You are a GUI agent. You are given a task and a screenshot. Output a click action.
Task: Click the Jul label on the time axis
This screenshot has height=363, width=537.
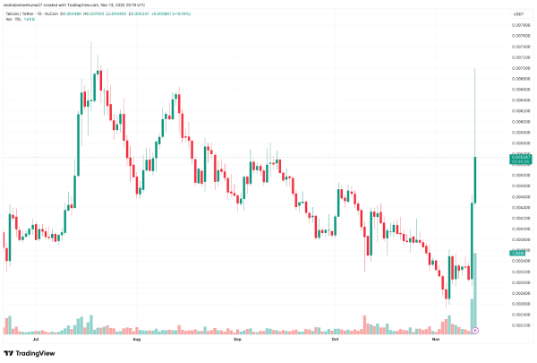(x=36, y=341)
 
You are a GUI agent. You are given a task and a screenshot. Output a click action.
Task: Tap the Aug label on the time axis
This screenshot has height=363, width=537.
(x=137, y=341)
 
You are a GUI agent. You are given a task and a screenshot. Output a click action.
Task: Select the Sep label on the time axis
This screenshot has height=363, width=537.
(x=238, y=341)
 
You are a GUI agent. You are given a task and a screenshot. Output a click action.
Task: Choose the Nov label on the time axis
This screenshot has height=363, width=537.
(x=436, y=341)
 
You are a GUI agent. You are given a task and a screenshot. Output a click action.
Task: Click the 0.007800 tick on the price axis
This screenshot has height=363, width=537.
(x=518, y=25)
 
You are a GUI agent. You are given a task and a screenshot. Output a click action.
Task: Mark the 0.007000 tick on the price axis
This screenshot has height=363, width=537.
(x=518, y=68)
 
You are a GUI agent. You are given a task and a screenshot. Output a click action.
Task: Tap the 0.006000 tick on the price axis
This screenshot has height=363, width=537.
(x=518, y=122)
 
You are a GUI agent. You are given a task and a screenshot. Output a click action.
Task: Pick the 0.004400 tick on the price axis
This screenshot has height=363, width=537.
(x=518, y=208)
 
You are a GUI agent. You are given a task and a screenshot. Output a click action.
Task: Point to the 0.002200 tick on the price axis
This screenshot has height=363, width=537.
(x=518, y=325)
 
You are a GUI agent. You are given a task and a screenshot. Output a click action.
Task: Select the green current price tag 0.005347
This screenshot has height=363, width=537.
(x=518, y=157)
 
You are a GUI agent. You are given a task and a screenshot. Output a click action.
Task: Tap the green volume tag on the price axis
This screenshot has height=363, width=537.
(x=518, y=254)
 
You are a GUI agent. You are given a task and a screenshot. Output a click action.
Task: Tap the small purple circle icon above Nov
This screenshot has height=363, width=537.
(x=475, y=331)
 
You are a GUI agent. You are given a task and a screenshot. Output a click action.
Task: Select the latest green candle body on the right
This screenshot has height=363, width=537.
(x=475, y=179)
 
